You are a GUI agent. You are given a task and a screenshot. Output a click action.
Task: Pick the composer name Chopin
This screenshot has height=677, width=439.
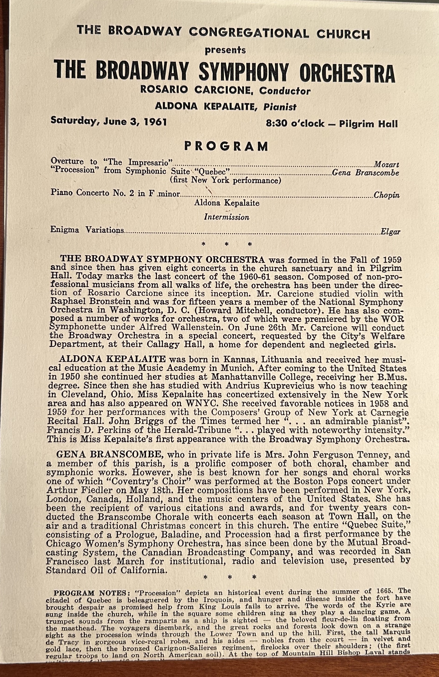click(387, 195)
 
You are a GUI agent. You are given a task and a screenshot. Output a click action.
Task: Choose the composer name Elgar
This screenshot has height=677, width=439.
click(390, 232)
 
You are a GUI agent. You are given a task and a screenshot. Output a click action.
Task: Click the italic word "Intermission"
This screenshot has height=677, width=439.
click(226, 217)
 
